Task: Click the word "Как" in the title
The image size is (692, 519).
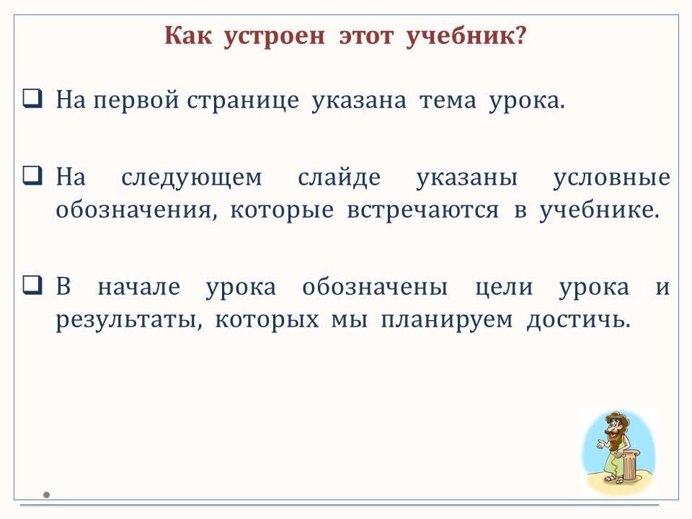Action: coord(188,35)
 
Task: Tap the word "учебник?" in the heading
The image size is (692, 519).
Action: coord(466,36)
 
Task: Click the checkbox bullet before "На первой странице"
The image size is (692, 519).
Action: coord(32,98)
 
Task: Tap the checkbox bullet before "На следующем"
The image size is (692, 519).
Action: coord(32,175)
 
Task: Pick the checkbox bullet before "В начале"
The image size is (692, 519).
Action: coord(32,285)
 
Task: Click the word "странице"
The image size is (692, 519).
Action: coord(243,101)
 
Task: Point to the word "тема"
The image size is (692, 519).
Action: coord(448,101)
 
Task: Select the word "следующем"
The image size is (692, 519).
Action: coord(192,178)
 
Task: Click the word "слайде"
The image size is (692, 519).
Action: coord(339,177)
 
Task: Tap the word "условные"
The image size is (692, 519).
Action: coord(612,178)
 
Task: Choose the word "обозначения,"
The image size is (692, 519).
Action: coord(137,210)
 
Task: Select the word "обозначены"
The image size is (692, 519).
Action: coord(375,287)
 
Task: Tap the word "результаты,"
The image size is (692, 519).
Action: coord(129,320)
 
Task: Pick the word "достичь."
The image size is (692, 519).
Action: coord(579,319)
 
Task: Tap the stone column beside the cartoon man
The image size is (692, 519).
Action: coord(629,463)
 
